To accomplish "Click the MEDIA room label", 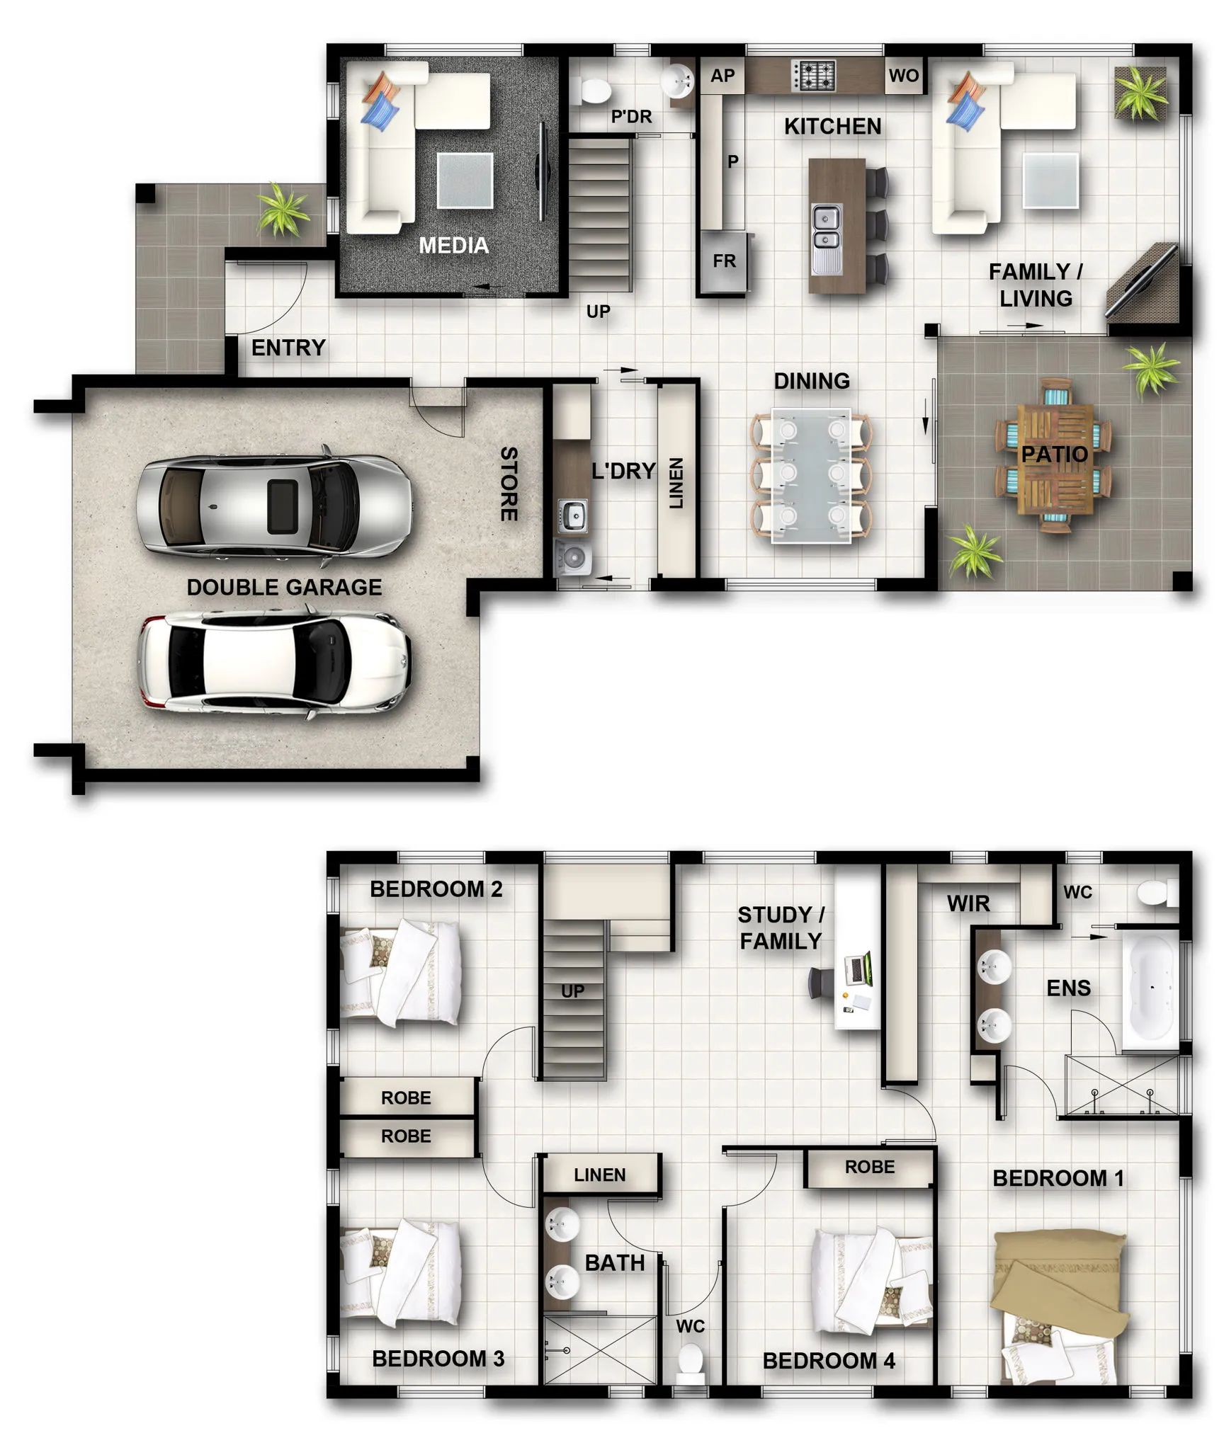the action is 453,246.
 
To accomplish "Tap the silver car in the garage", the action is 274,506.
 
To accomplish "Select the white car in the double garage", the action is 274,663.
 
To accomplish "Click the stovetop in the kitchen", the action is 813,76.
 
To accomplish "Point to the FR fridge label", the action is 724,261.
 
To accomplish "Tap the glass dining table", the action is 811,475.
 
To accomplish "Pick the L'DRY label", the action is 624,471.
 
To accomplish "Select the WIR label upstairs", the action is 968,903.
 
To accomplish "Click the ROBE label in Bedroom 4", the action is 869,1167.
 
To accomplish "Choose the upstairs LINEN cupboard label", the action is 599,1175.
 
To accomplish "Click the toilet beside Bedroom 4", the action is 690,1361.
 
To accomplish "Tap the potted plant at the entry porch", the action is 283,208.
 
